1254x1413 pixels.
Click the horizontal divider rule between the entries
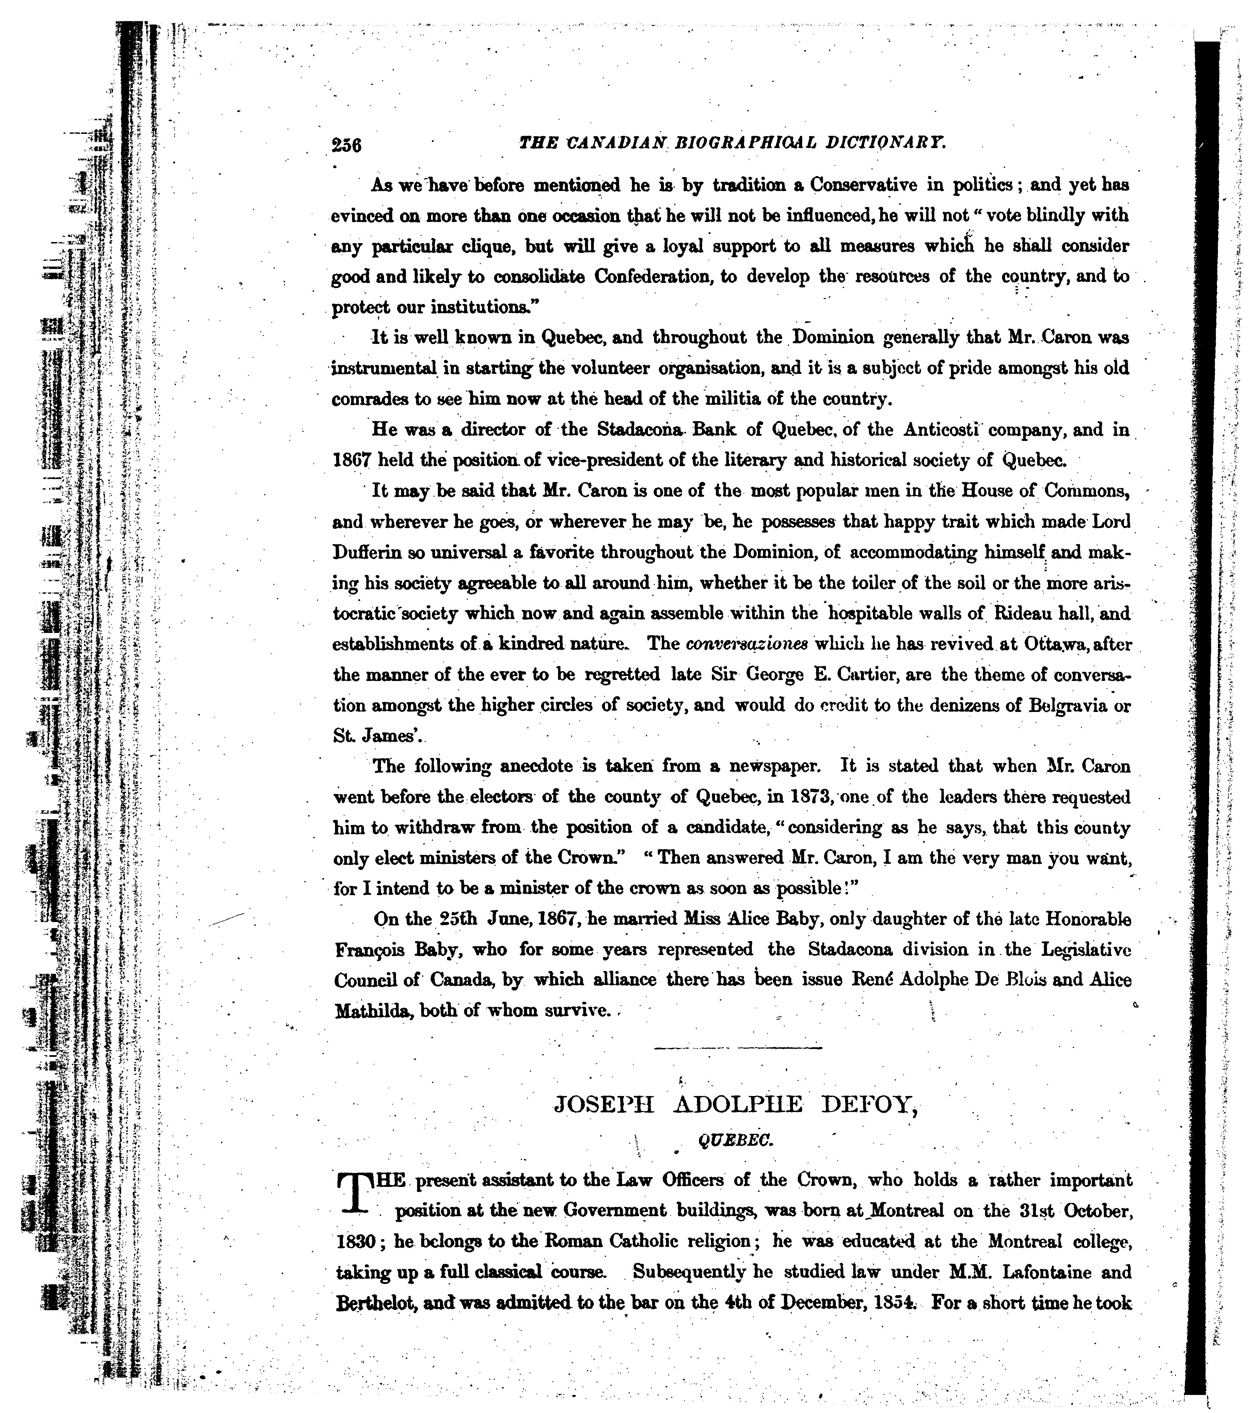(737, 1049)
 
